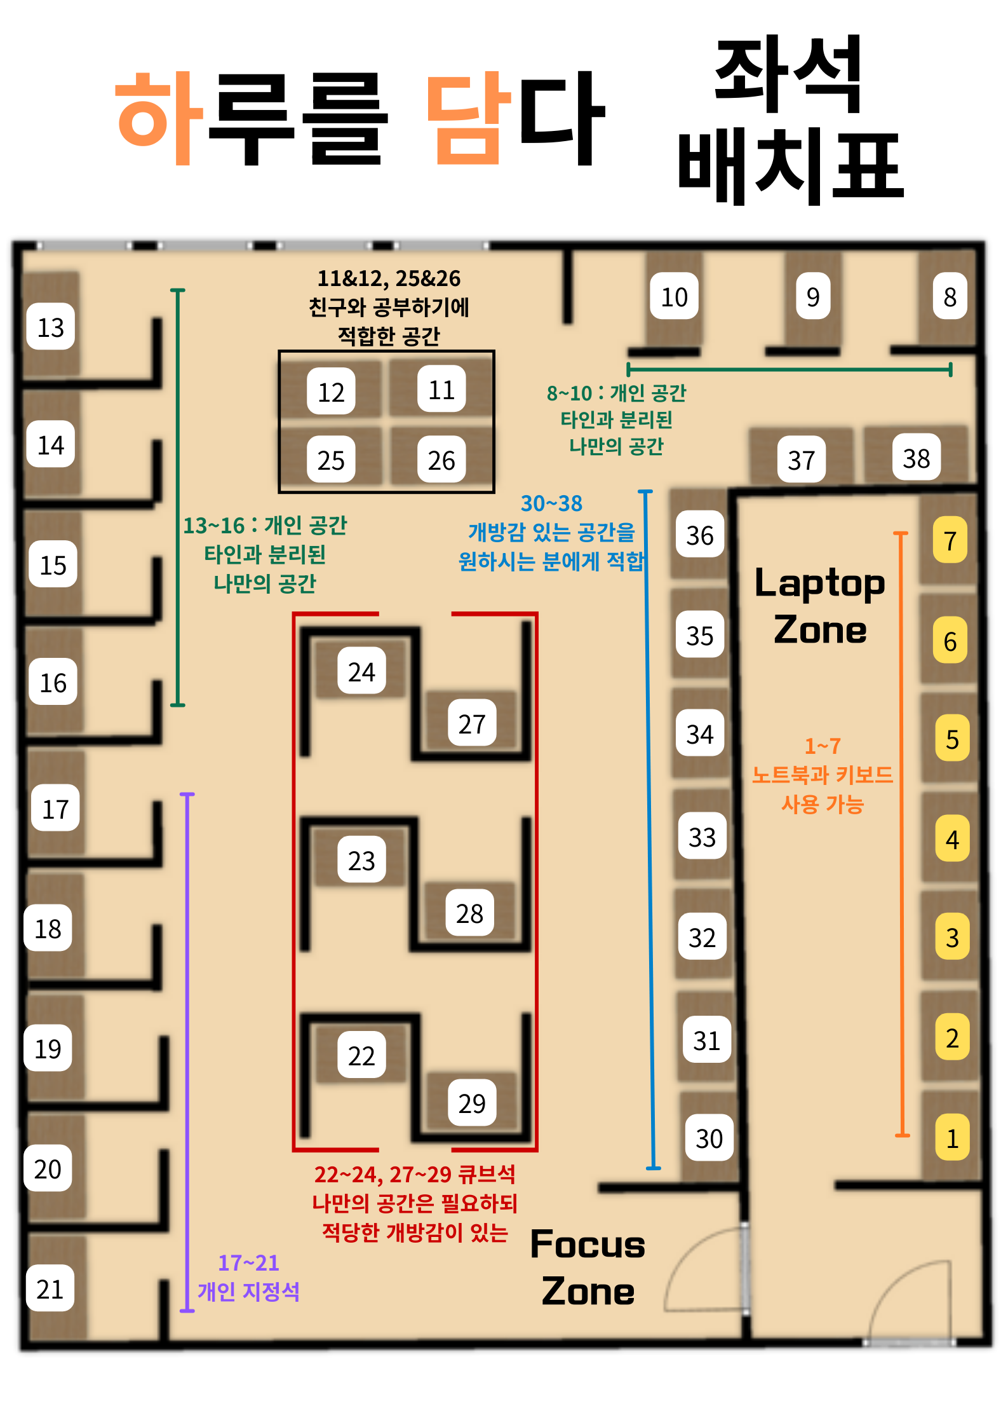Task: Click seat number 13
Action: (51, 327)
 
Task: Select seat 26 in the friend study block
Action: (441, 460)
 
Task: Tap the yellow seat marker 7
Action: (950, 540)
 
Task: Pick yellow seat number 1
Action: (952, 1138)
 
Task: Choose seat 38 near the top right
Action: (917, 458)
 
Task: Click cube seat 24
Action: (361, 671)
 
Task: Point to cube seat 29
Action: (472, 1103)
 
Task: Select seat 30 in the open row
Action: (709, 1138)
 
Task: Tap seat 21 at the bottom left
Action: (50, 1288)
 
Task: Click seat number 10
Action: (675, 296)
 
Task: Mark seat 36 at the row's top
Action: (700, 535)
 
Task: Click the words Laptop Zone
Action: (820, 605)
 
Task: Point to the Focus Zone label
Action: (588, 1267)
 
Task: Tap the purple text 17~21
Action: (248, 1262)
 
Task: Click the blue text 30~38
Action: (551, 503)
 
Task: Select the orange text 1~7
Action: (823, 746)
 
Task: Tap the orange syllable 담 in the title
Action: (469, 118)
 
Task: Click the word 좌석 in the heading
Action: (788, 74)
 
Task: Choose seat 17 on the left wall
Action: (55, 808)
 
